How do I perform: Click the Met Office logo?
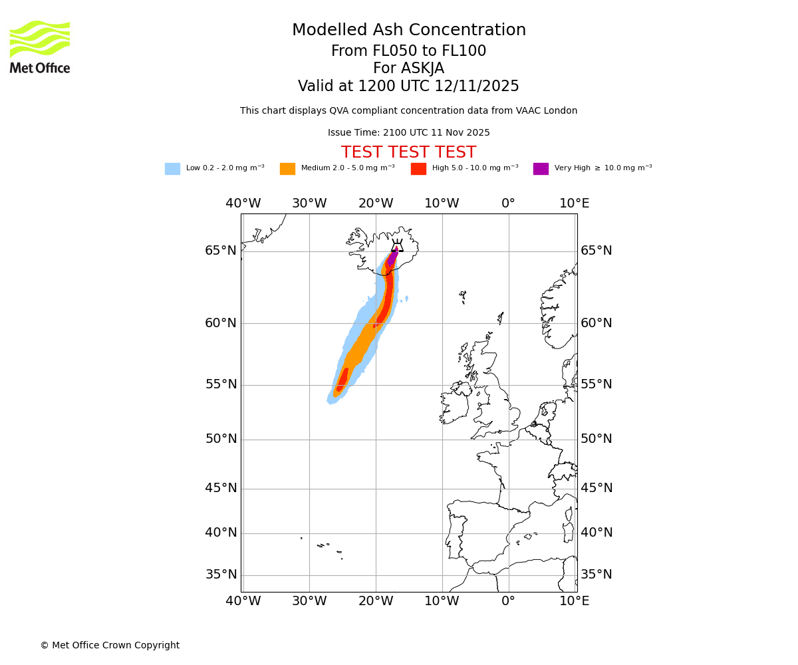(x=40, y=47)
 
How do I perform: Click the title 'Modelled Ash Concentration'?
(x=409, y=31)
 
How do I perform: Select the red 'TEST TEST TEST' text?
(x=408, y=153)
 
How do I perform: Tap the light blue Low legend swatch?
(x=172, y=169)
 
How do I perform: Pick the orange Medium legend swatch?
(x=287, y=169)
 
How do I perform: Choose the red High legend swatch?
(x=418, y=169)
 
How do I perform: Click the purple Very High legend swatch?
(x=541, y=169)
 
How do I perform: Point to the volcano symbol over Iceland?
(x=397, y=246)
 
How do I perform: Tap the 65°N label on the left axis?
(x=221, y=251)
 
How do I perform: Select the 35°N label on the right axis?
(x=597, y=575)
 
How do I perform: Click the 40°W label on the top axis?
(x=243, y=203)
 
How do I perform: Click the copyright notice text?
(x=110, y=646)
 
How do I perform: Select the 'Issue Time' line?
(x=408, y=133)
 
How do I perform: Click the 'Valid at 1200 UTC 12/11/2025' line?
(x=408, y=86)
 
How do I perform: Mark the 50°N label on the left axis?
(x=221, y=439)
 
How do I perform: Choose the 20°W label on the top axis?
(x=376, y=203)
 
